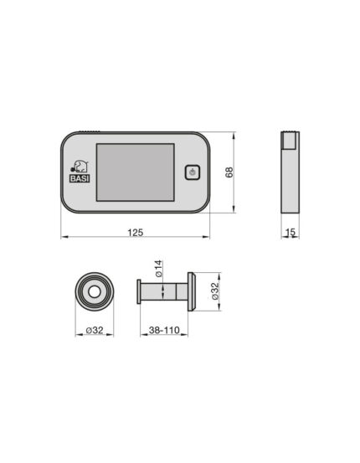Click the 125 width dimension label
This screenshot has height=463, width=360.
coord(136,233)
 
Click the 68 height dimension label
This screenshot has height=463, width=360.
coord(229,172)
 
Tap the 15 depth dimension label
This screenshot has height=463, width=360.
coord(291,233)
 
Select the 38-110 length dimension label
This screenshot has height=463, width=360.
coord(164,330)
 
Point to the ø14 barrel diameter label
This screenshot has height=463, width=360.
coord(159,269)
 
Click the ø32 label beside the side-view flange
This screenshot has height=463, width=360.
coord(216,291)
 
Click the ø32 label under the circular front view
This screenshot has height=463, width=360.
coord(95,330)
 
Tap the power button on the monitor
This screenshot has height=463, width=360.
coord(193,172)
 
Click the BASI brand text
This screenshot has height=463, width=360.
coord(80,178)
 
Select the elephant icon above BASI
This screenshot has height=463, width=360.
coord(79,167)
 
